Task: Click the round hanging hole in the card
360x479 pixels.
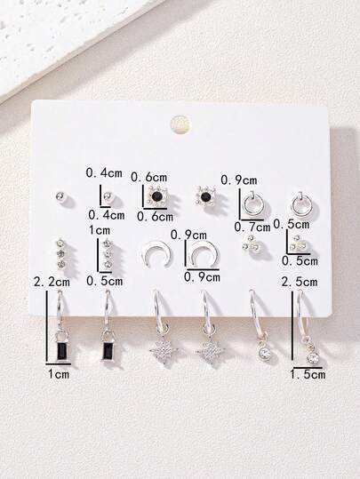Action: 180,124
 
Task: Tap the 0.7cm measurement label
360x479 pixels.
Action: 252,227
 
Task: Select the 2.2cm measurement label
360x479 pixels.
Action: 52,282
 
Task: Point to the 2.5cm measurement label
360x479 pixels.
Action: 300,282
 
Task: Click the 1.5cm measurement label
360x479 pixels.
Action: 308,374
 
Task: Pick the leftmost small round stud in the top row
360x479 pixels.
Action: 60,196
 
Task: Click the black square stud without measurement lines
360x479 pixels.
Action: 204,196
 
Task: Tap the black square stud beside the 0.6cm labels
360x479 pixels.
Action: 157,196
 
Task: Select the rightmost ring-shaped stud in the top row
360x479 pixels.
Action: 300,202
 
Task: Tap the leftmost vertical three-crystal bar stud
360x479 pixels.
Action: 61,253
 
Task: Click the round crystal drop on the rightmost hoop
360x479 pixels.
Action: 314,358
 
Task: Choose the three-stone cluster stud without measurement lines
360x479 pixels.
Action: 249,243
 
